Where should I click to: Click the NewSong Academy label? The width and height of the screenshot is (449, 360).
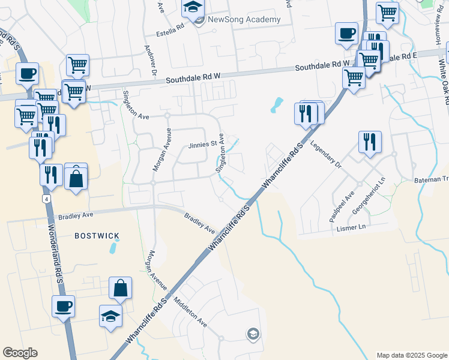coord(244,19)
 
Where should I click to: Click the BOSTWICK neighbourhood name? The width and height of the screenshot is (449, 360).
coord(97,236)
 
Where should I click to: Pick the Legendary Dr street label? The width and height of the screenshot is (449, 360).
coord(325,154)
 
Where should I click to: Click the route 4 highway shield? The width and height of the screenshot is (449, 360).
coord(46,198)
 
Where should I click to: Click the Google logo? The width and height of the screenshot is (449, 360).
coord(20,353)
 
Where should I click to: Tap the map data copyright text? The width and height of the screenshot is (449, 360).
coord(411,355)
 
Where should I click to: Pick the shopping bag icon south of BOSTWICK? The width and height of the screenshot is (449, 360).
coord(120,289)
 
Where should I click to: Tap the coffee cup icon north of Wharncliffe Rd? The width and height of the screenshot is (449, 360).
coord(346,34)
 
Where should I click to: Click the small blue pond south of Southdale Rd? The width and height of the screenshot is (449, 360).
coord(277,105)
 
